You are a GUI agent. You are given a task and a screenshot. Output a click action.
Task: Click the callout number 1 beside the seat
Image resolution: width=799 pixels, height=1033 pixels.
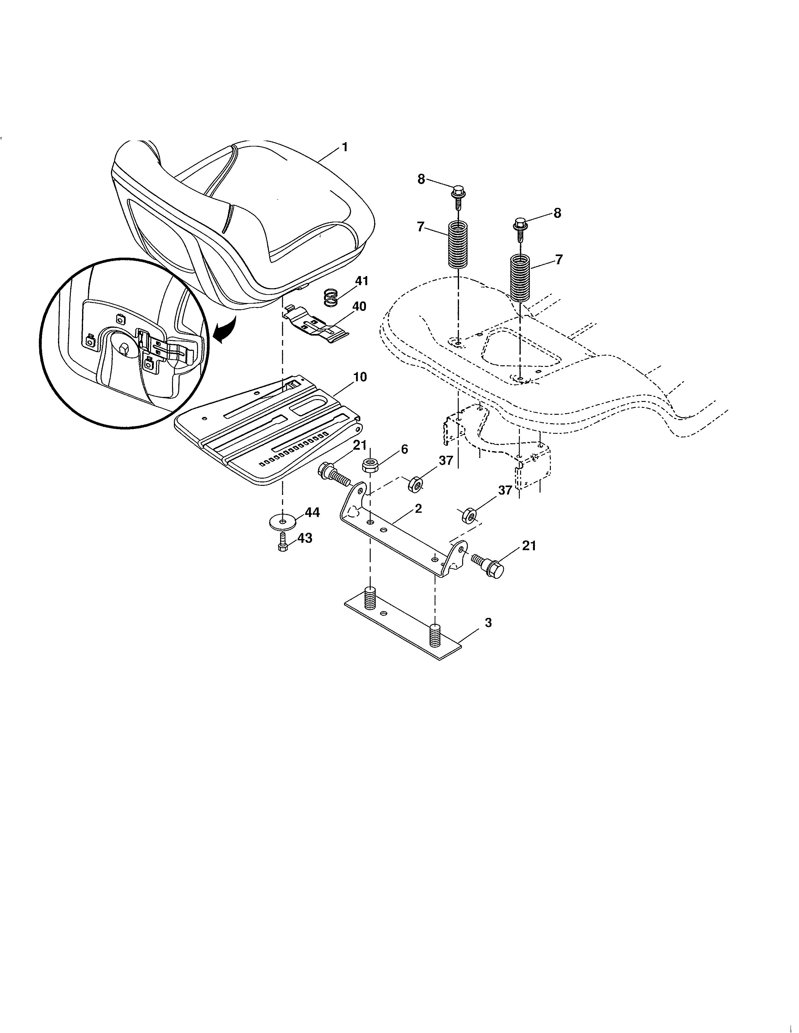pyautogui.click(x=345, y=147)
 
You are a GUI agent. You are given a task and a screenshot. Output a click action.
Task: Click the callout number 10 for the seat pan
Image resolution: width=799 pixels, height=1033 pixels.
pyautogui.click(x=360, y=377)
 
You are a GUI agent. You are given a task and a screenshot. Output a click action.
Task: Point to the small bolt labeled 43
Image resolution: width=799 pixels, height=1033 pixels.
pyautogui.click(x=283, y=542)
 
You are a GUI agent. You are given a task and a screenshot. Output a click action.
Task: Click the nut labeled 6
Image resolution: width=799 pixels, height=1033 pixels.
pyautogui.click(x=370, y=465)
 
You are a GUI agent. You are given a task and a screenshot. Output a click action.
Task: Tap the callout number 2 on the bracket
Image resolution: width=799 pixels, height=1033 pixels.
pyautogui.click(x=418, y=509)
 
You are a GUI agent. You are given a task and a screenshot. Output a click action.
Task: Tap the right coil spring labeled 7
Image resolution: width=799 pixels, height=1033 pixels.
pyautogui.click(x=521, y=278)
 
